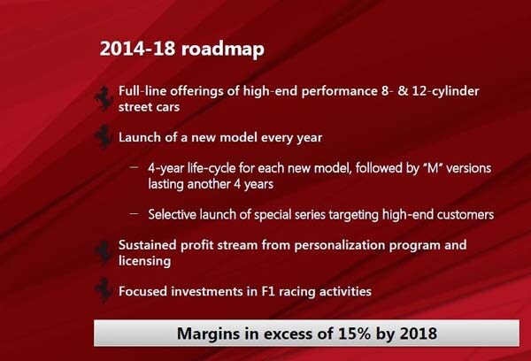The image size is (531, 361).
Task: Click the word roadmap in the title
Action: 223,49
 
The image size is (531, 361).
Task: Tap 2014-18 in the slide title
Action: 137,49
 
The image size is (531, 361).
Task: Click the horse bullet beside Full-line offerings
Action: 104,98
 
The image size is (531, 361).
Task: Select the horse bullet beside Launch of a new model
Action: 104,137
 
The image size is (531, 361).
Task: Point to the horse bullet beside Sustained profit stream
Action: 104,253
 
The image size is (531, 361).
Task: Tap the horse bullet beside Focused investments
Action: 104,290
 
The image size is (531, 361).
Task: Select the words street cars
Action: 149,107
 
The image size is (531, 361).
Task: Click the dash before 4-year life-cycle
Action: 134,167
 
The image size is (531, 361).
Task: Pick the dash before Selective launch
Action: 134,214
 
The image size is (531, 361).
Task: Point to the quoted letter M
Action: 433,168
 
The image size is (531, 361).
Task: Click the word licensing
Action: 144,261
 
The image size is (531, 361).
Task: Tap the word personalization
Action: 339,245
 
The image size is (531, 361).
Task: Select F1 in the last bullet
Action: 267,292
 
